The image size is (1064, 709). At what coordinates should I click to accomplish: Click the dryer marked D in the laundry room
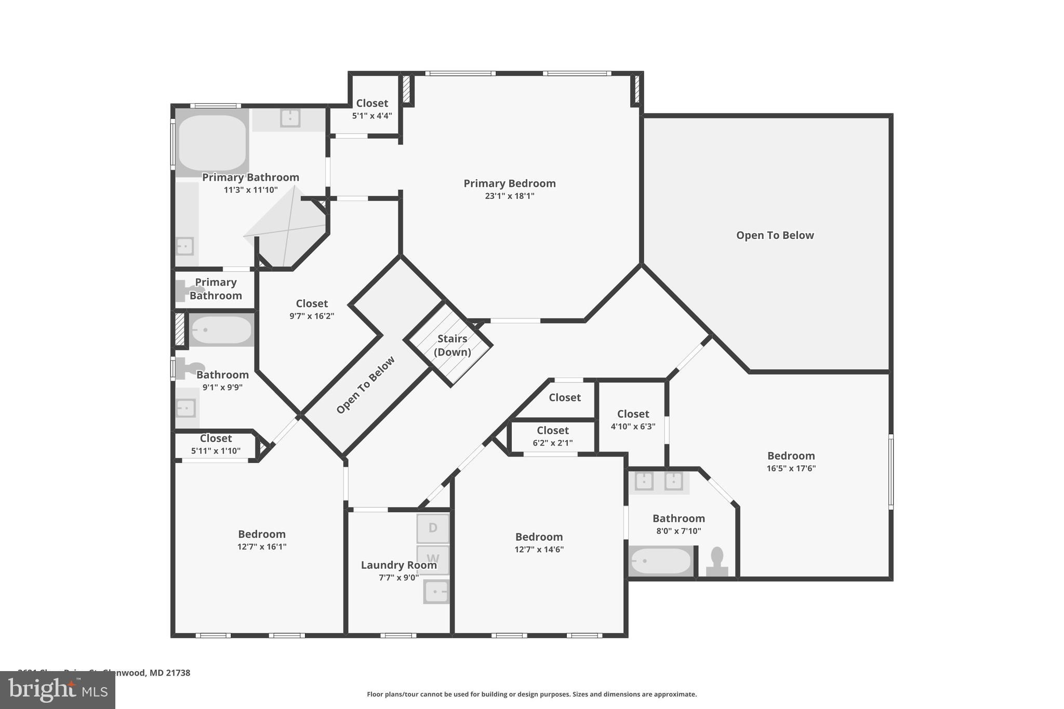coord(433,528)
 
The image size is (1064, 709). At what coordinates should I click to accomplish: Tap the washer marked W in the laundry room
coord(433,559)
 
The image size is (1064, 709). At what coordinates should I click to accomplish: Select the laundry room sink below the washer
coord(436,592)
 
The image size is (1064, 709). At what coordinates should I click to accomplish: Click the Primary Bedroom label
coord(509,183)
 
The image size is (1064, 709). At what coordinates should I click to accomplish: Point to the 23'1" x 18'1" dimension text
coord(509,196)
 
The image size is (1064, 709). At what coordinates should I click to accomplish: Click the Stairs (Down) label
coord(452,345)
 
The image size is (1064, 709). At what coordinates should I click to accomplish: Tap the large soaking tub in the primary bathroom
coord(212,142)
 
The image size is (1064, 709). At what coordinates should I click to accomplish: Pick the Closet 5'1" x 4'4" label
coord(372,103)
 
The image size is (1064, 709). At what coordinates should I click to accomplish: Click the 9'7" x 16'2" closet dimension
coord(312,316)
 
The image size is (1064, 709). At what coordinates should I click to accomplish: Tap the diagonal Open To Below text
coord(365,385)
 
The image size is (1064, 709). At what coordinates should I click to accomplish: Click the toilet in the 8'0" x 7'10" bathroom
coord(717,562)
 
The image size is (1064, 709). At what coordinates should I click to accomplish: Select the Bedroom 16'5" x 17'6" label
coord(791,456)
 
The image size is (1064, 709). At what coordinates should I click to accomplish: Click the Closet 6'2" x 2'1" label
coord(552,431)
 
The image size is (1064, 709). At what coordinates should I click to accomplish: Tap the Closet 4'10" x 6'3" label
coord(633,414)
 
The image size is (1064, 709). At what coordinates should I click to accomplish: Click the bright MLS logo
coord(58,690)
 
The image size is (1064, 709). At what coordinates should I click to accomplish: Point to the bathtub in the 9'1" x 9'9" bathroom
coord(221,330)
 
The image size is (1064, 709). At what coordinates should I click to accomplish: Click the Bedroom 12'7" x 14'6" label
coord(539,537)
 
